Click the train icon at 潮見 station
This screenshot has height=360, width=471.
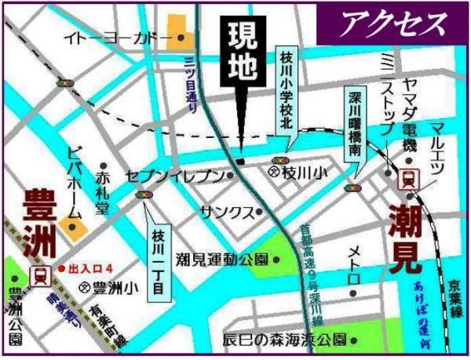(407, 179)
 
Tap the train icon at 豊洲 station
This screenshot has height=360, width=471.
(37, 275)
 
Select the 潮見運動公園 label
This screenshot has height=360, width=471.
(223, 259)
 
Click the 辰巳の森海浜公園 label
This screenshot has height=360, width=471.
(284, 340)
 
